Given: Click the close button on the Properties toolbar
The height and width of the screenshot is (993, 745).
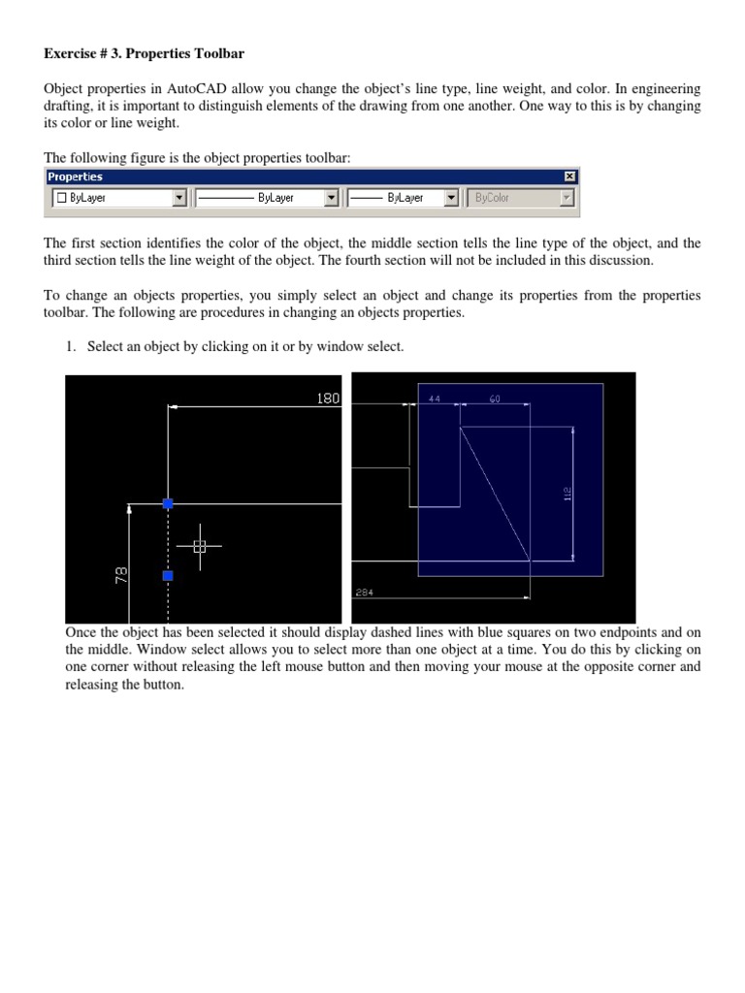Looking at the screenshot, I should (x=569, y=176).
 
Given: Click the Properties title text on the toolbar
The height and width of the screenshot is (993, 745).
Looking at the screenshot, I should (x=76, y=176).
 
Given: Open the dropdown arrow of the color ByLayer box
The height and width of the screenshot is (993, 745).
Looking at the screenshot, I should (x=178, y=198).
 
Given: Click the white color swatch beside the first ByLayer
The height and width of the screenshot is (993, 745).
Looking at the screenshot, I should (x=60, y=198).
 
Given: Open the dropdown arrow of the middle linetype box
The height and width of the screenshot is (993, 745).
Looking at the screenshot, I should (x=331, y=198).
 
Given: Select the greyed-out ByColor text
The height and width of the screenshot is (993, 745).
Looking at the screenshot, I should (x=492, y=198).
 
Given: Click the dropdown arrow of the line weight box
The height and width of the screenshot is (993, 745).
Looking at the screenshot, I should (x=451, y=198).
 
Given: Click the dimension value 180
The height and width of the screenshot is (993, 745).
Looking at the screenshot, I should (x=329, y=398).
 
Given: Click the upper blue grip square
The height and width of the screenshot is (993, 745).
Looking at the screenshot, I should (x=168, y=503).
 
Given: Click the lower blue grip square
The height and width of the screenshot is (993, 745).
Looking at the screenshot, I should (x=168, y=576).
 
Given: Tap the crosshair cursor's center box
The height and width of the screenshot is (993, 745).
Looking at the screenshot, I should (x=200, y=547).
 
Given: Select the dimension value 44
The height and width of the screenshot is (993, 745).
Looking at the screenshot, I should (x=434, y=399).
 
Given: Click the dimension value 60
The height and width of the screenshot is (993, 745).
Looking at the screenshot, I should (x=495, y=399).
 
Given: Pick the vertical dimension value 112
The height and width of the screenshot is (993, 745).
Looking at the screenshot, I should (x=567, y=493).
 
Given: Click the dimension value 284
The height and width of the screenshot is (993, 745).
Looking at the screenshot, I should (x=365, y=592).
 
